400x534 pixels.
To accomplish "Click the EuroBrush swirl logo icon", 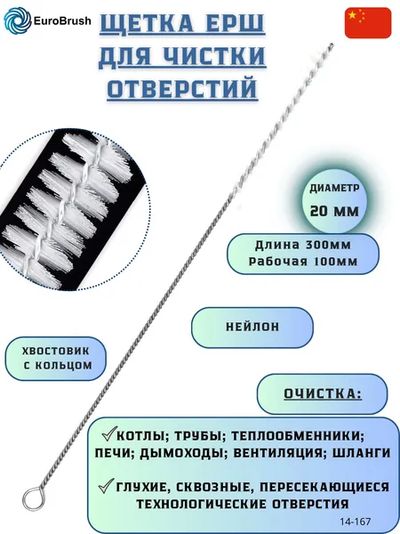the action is coord(17,20).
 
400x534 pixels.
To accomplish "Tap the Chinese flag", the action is coord(368,23).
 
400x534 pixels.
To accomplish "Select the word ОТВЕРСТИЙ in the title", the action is coord(182,88).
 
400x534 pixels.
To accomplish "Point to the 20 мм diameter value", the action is coord(334,212).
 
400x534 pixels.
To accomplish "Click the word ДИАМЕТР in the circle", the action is coord(334,189).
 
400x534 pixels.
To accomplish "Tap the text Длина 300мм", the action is coord(303,245).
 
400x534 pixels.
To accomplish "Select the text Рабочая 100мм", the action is coord(303,262).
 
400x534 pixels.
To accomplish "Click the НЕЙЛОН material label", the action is coord(252,327).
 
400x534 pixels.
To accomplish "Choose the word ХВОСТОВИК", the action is coord(55,351).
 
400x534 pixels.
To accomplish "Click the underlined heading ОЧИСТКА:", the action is coord(323,394).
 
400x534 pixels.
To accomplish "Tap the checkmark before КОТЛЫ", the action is coord(109,433).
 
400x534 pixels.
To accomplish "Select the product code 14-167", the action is coord(355,521).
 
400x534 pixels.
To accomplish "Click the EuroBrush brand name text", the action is coord(62,21).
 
